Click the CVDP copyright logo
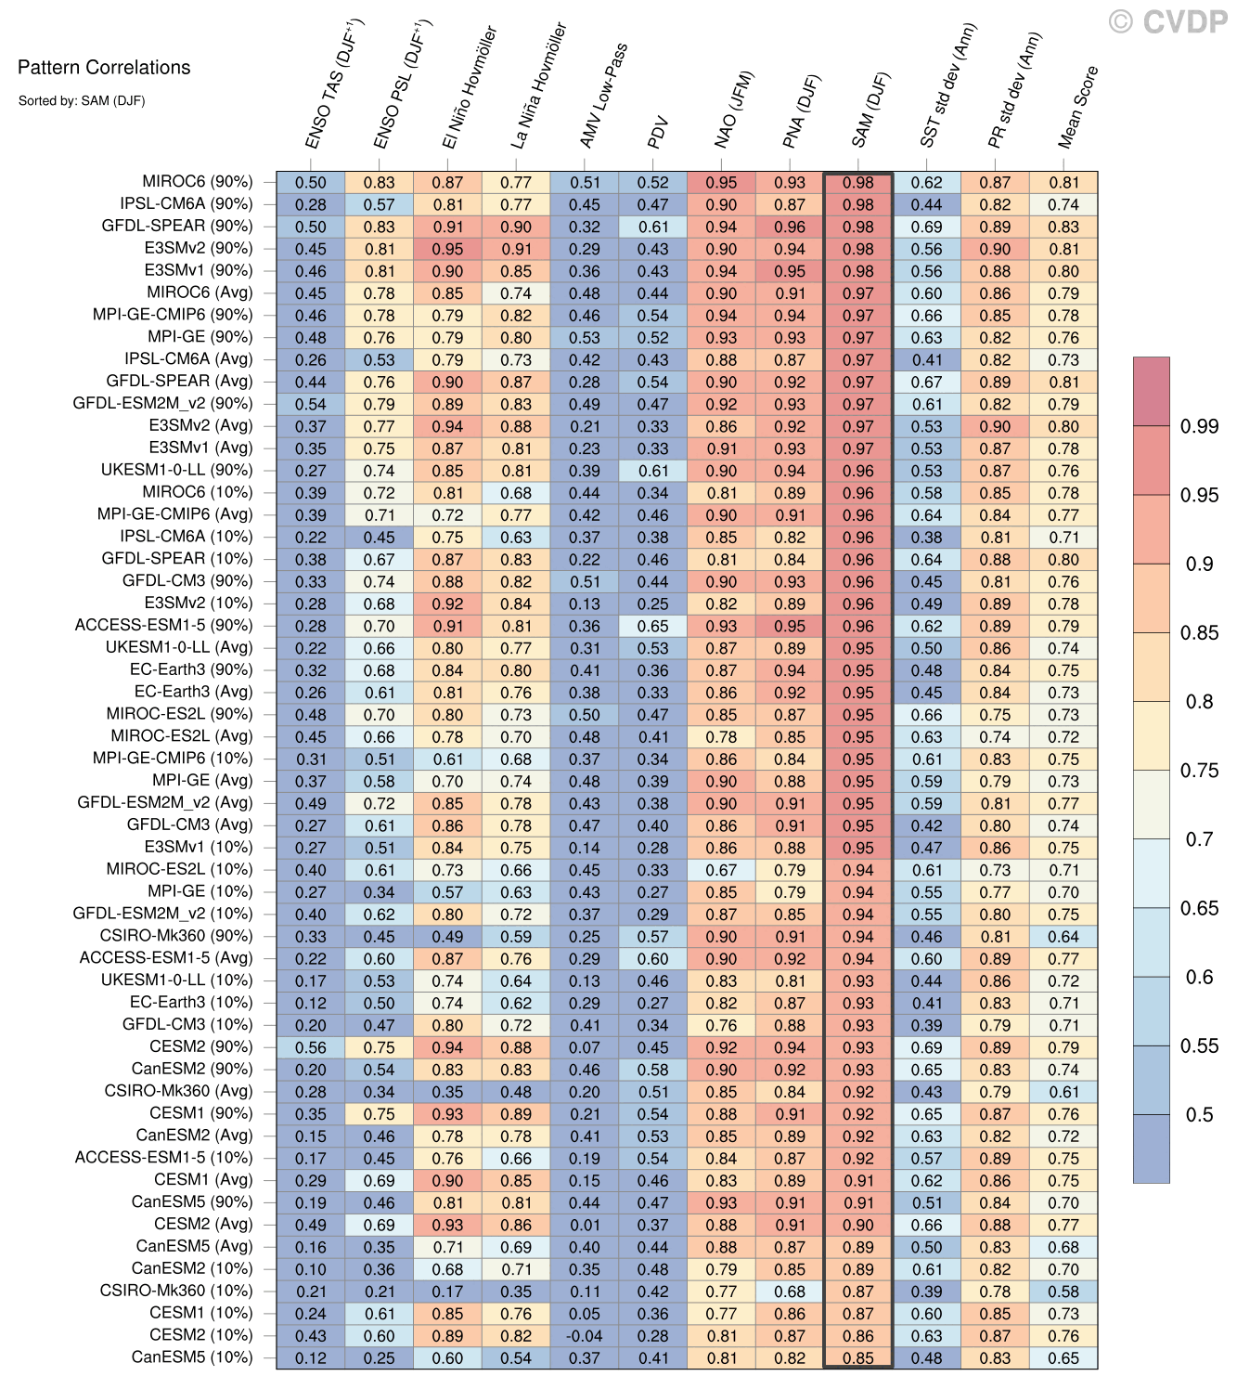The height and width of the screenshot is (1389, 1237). click(1167, 21)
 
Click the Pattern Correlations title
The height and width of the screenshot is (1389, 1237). click(104, 67)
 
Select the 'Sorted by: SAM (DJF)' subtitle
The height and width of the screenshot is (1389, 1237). click(82, 100)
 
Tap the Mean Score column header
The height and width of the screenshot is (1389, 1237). click(1077, 107)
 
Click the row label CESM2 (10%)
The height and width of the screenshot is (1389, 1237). click(200, 1335)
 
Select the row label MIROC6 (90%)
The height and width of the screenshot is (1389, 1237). click(197, 182)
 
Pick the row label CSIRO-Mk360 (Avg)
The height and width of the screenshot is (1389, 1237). click(178, 1091)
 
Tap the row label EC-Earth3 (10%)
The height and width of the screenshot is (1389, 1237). click(191, 1003)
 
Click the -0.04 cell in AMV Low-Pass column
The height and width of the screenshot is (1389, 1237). click(585, 1336)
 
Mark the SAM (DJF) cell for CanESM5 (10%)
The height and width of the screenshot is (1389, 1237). click(858, 1357)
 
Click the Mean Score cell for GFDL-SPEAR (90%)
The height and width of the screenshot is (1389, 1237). click(1063, 227)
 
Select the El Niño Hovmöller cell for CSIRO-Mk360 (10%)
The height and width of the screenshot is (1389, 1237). click(447, 1292)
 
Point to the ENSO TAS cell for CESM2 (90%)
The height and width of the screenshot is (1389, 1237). click(311, 1047)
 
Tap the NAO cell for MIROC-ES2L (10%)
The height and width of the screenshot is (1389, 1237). click(721, 870)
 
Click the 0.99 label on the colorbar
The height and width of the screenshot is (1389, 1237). click(1199, 426)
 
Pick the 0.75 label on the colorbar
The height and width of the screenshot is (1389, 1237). click(1199, 770)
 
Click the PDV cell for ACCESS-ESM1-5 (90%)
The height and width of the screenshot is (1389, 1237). click(652, 626)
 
